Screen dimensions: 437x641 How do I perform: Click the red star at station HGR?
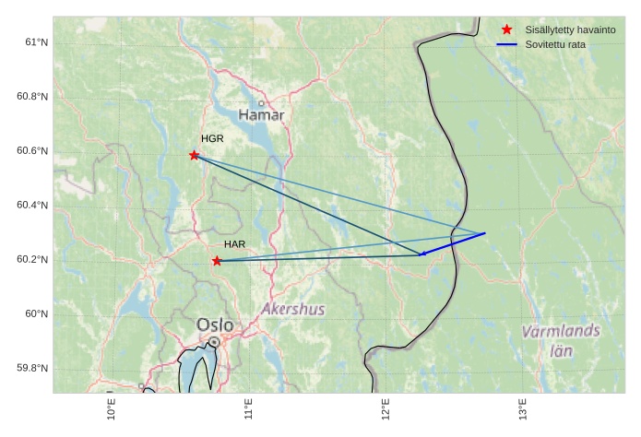tap(194, 155)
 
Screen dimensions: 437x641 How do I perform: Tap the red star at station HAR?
tap(217, 261)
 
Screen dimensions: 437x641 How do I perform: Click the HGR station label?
tap(212, 138)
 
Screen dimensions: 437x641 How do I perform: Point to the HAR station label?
tap(234, 244)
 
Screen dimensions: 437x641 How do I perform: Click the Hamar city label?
tap(261, 115)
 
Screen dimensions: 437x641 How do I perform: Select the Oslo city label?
tap(214, 325)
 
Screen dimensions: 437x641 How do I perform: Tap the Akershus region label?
tap(293, 309)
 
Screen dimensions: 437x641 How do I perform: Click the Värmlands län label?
tap(560, 340)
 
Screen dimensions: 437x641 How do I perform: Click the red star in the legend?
tap(506, 30)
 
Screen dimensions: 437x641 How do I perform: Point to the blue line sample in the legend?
tap(506, 45)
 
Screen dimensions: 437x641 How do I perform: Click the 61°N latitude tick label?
tap(37, 42)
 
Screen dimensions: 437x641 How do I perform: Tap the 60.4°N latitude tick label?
tap(33, 206)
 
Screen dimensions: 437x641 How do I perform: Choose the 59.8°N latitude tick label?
tap(33, 369)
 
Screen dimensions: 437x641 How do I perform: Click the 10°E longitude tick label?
tap(112, 407)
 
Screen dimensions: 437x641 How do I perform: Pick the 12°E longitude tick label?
tap(386, 407)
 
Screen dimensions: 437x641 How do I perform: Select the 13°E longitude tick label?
tap(522, 407)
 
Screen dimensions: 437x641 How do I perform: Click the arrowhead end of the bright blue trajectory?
tap(421, 254)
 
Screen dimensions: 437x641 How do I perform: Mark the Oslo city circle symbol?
tap(214, 341)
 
